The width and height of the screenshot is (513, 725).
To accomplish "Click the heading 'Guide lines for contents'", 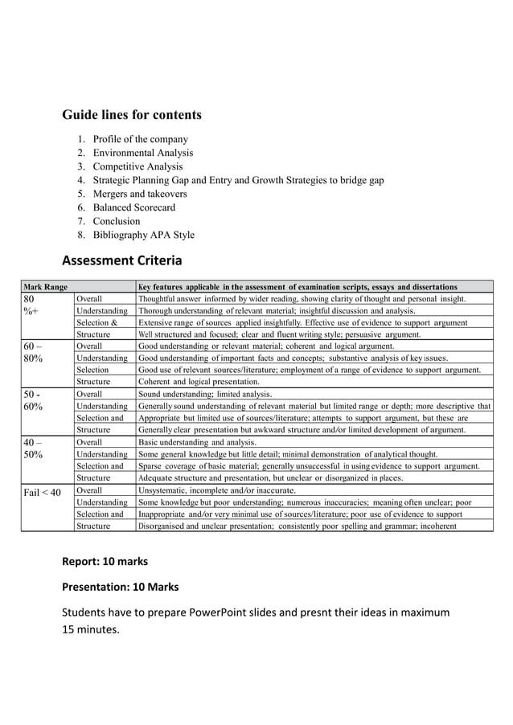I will (x=132, y=115).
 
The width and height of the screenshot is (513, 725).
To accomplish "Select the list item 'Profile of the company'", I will (x=140, y=139).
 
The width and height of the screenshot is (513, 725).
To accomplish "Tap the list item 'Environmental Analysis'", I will (x=142, y=153).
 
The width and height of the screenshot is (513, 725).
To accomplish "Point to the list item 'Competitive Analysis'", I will (x=137, y=166).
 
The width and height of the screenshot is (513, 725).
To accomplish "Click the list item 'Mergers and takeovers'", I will (x=140, y=194).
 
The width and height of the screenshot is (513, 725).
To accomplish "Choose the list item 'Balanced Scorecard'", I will (x=133, y=207).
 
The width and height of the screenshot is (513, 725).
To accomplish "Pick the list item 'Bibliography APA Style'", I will (x=143, y=235).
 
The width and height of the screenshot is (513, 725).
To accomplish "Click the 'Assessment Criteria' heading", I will (x=122, y=260).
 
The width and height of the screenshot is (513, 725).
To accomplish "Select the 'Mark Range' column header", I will (x=45, y=286).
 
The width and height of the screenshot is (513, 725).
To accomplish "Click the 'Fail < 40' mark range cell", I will (x=43, y=492).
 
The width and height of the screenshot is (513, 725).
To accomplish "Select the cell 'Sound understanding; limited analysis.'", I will (x=205, y=395).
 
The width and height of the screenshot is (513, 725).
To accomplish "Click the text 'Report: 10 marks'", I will (x=105, y=560).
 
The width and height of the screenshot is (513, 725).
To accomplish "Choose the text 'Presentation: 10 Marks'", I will (x=121, y=587).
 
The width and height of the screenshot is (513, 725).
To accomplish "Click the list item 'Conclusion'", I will (x=117, y=221).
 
